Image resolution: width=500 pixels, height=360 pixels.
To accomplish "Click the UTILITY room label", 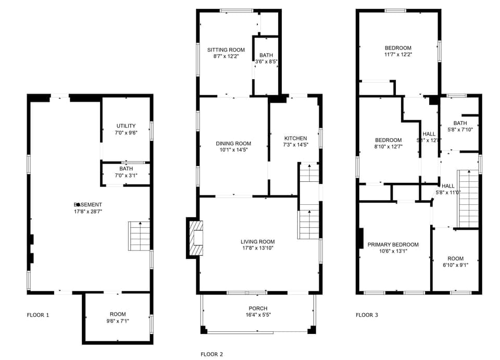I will point(126,126).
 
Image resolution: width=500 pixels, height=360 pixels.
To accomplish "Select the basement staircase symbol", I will point(139,236).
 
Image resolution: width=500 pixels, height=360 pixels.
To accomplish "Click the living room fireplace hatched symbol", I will point(196,238).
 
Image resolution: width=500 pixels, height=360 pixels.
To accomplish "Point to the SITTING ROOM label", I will point(226,50).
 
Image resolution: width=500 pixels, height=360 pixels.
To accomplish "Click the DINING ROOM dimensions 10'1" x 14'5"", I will point(233,150).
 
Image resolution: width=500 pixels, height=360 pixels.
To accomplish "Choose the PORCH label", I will point(258,308).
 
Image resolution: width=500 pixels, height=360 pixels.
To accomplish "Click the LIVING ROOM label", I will point(258,242).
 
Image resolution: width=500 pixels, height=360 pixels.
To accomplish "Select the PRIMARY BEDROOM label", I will point(393,244).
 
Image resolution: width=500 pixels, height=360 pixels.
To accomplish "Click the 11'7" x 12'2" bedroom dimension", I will point(398,54).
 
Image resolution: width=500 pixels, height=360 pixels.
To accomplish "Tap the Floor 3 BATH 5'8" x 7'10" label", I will point(460,127).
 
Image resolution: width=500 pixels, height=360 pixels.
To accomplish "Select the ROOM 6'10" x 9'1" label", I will point(455,262).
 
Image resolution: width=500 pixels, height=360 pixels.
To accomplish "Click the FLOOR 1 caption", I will point(38,315).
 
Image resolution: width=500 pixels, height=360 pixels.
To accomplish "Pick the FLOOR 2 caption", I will point(212,354).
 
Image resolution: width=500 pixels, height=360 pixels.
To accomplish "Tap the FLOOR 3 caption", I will point(367,315).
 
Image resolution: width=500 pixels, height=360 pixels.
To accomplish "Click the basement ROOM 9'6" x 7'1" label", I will point(118,317).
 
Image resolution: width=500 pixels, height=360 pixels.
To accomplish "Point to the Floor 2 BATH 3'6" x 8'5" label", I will point(266,58).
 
